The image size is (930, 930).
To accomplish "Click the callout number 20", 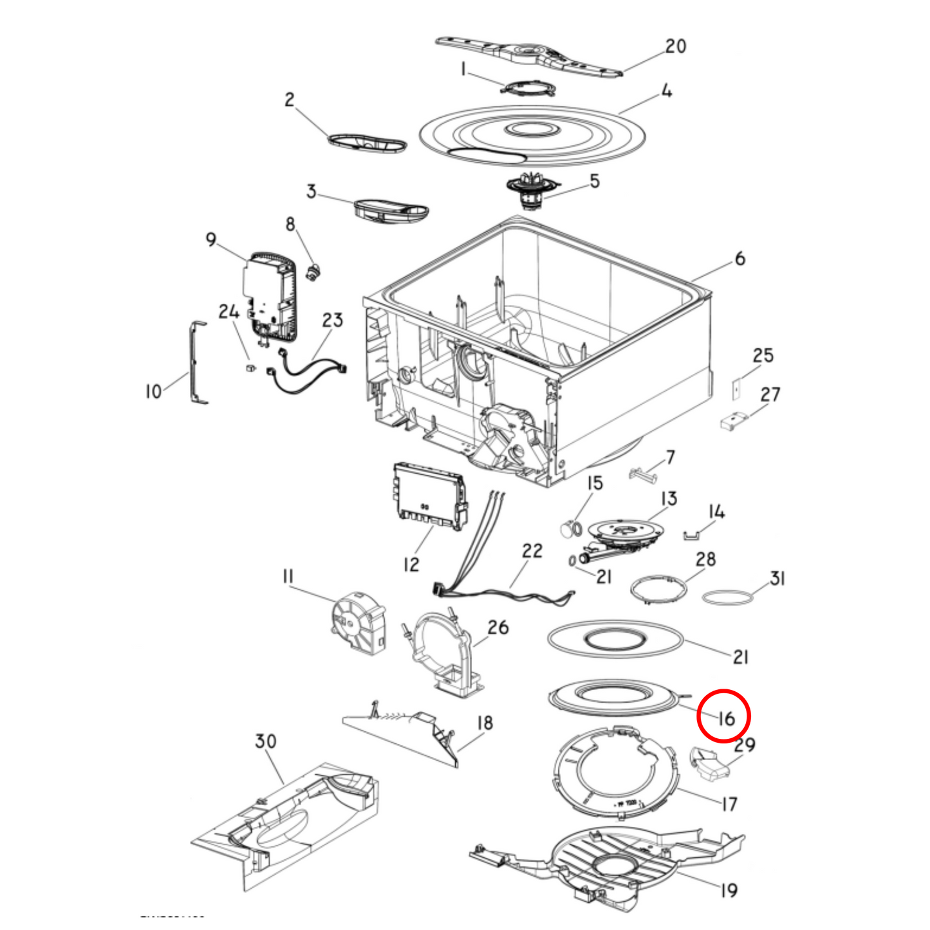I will click(x=675, y=46).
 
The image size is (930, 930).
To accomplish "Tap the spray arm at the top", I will click(x=528, y=55).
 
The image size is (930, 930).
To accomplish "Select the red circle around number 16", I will click(x=724, y=716).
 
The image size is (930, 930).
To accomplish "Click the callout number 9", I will click(x=211, y=239).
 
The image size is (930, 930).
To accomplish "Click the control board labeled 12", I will click(x=429, y=497).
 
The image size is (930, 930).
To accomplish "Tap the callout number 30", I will click(x=265, y=741).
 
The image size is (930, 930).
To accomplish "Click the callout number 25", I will click(x=763, y=355).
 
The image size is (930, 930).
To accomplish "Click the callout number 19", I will click(x=728, y=890).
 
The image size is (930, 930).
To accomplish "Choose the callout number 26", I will click(x=498, y=627).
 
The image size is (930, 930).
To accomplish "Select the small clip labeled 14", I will click(x=691, y=534).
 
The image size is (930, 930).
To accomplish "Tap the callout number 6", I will click(x=739, y=259).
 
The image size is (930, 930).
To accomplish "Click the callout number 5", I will click(x=594, y=181).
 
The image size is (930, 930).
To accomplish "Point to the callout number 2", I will click(x=289, y=99).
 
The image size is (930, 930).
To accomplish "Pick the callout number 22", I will click(x=532, y=551).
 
